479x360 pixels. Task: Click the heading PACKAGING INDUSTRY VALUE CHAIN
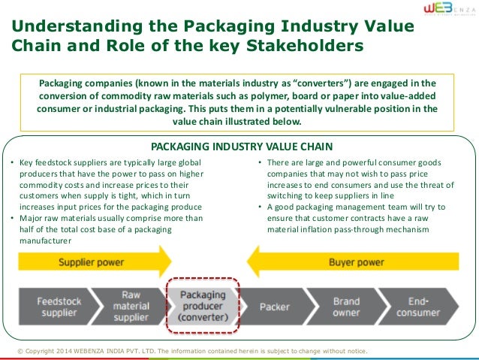point(239,146)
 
